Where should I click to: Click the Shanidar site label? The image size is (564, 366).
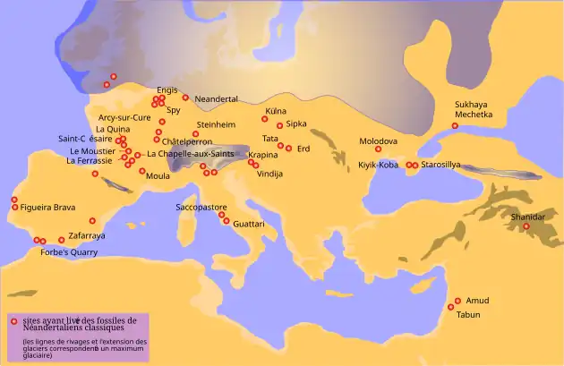(527, 217)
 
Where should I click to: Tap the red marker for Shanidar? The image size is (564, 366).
(526, 226)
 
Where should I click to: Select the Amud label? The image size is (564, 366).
(476, 301)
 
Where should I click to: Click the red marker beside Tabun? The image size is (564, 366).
(451, 307)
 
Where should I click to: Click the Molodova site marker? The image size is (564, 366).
(378, 149)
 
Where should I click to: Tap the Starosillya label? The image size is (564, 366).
(441, 166)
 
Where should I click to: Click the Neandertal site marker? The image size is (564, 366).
(185, 98)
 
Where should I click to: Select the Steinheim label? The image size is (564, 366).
(215, 124)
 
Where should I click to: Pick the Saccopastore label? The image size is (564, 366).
(201, 207)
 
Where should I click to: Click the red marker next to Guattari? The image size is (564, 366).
(226, 220)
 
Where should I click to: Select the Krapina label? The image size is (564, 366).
(263, 155)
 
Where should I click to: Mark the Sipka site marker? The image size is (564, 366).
(279, 125)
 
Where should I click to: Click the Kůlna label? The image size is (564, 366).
(275, 111)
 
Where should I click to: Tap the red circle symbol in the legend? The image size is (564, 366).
(13, 320)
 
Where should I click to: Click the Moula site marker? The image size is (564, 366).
(141, 170)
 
